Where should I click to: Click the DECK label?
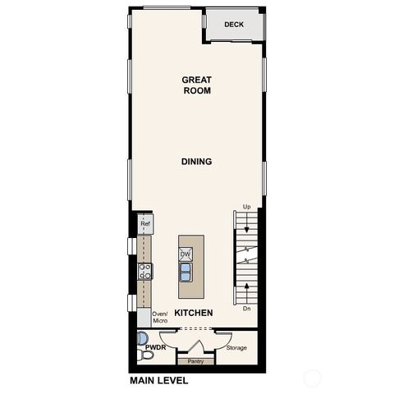[x=235, y=25]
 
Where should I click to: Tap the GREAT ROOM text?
[x=197, y=85]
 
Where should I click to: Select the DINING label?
[x=197, y=162]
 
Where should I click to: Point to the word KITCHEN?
[x=194, y=314]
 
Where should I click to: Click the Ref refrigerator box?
[x=145, y=223]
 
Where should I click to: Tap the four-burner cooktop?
[x=145, y=271]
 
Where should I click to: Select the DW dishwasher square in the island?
[x=186, y=254]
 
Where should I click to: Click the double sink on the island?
[x=186, y=270]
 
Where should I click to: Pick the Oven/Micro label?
[x=160, y=317]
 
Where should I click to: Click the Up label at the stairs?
[x=246, y=207]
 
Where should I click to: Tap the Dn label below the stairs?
[x=246, y=309]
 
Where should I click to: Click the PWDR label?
[x=155, y=347]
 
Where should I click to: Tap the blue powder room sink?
[x=141, y=337]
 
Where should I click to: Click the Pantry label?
[x=195, y=361]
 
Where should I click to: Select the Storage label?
[x=236, y=347]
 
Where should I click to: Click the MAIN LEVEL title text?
[x=158, y=381]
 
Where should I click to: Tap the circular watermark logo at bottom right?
[x=313, y=378]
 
